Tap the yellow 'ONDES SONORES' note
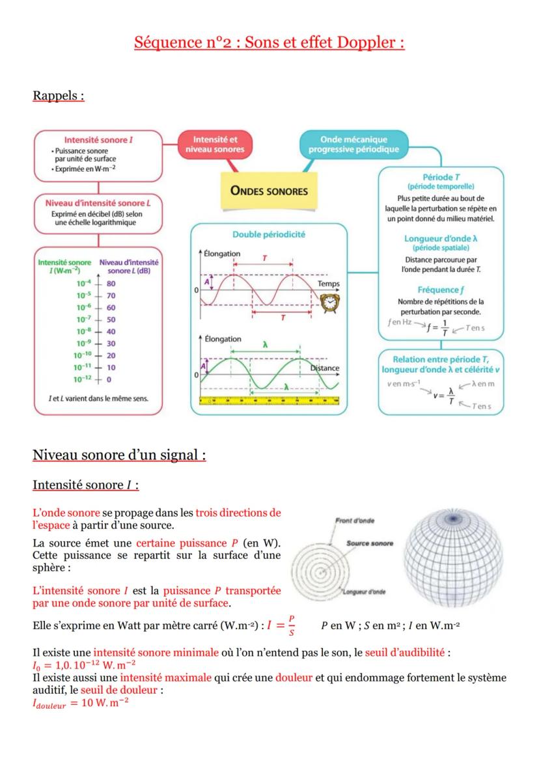coord(269,191)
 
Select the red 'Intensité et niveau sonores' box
coord(215,144)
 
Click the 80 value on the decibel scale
coord(111,284)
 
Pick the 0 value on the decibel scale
coord(109,379)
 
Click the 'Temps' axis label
coord(328,284)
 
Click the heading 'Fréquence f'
coord(441,290)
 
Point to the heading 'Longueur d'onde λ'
coord(441,239)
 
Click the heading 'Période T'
coord(441,177)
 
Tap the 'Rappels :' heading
coord(59,96)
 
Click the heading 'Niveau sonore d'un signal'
coord(119,455)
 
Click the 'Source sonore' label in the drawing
coord(370,543)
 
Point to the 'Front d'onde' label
coord(355,521)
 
